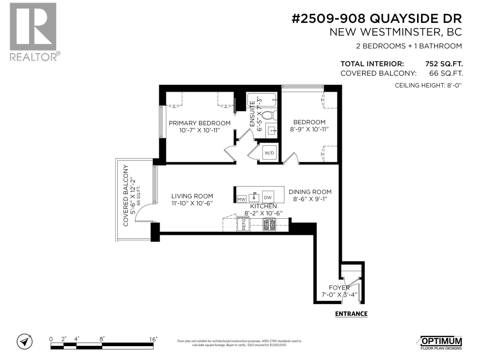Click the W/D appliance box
tap(269, 153)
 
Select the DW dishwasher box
tap(268, 197)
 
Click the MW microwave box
tap(241, 199)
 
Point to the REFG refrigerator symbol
tap(243, 224)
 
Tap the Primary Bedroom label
tap(199, 123)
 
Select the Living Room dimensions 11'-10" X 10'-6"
tap(192, 203)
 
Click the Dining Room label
tap(310, 192)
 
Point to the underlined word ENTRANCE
tap(351, 314)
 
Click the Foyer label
tap(339, 287)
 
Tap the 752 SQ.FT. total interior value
tap(444, 64)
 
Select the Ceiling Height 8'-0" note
tap(427, 85)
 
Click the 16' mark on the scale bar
tap(153, 339)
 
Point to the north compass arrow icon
tap(25, 341)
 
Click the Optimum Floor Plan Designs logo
tap(441, 343)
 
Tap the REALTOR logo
tap(33, 31)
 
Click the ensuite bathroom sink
tap(271, 130)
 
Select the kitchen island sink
tap(255, 197)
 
